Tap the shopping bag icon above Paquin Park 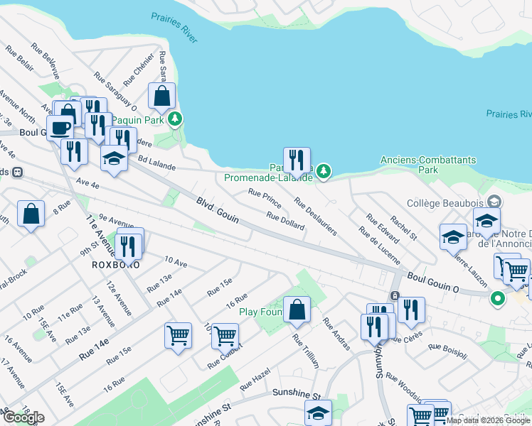(x=162, y=97)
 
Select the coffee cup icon (x=60, y=129)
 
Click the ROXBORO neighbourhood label (x=115, y=264)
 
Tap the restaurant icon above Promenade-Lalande (x=297, y=160)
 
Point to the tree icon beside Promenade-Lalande (x=324, y=170)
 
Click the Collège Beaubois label (x=445, y=202)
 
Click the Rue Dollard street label (x=285, y=221)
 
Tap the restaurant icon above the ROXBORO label (x=129, y=245)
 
